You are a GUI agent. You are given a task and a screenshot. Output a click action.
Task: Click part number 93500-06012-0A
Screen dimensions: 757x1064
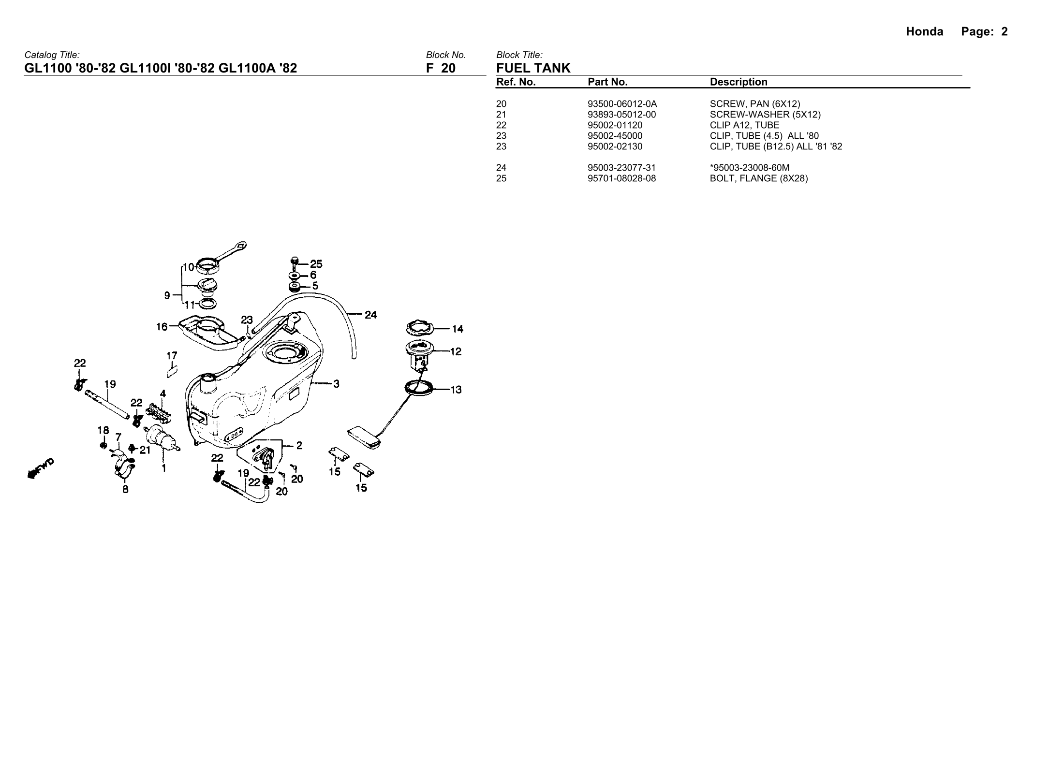(622, 104)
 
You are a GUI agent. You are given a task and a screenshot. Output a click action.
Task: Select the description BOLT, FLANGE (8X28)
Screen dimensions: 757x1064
(758, 178)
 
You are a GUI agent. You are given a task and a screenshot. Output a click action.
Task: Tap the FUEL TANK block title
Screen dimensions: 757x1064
(533, 68)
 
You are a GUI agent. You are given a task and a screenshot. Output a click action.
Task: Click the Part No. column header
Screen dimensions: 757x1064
(607, 82)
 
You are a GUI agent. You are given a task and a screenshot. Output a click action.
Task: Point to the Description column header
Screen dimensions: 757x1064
(739, 82)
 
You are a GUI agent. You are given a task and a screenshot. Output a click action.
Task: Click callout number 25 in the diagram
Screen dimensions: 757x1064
(316, 264)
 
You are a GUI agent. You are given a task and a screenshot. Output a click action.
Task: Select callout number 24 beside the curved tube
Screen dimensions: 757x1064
(370, 315)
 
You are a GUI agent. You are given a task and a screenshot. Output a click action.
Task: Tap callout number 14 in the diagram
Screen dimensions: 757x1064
(457, 329)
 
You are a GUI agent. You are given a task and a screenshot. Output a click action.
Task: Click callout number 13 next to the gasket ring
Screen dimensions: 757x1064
(456, 390)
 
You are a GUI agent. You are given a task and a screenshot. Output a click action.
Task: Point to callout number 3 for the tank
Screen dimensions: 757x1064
(336, 384)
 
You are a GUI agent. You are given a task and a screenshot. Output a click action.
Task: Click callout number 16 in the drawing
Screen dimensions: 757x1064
(162, 327)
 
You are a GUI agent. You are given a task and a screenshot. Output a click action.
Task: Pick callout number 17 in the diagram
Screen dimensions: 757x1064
(172, 356)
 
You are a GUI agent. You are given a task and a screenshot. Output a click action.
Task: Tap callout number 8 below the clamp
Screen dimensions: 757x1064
(125, 489)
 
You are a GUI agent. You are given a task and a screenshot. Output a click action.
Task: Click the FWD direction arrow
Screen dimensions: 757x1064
(41, 468)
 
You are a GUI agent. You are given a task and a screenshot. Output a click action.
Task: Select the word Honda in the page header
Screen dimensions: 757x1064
(924, 32)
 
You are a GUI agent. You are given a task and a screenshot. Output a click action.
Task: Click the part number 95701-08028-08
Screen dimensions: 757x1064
(621, 178)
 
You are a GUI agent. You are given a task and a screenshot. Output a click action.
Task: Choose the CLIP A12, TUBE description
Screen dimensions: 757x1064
(744, 125)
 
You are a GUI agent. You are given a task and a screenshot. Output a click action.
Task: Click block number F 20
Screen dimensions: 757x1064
(441, 68)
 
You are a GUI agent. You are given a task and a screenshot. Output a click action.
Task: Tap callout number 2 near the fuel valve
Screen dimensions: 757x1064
(299, 445)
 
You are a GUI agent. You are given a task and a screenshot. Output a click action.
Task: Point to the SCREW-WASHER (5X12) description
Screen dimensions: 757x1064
(765, 115)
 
